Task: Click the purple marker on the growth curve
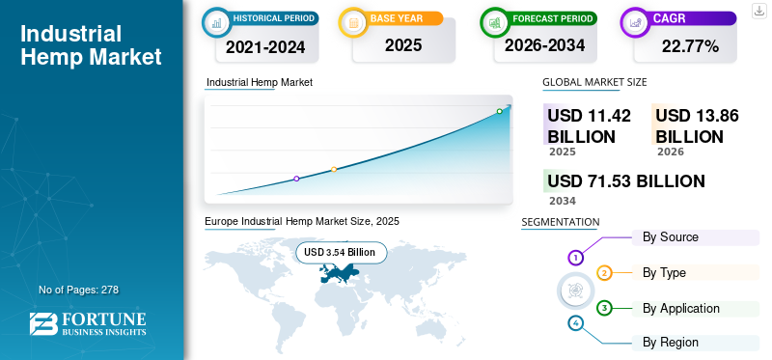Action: [296, 179]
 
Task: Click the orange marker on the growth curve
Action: [334, 170]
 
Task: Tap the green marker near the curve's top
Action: [499, 111]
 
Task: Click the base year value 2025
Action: [403, 45]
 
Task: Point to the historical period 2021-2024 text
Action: [265, 47]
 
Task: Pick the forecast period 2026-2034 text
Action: [544, 45]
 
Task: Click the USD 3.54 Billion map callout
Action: [342, 253]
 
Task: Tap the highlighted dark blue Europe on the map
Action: [339, 273]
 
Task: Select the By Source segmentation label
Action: [671, 237]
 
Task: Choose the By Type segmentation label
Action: [664, 273]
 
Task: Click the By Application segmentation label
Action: [681, 309]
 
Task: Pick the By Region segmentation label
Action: [671, 343]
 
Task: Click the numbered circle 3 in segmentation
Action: [604, 309]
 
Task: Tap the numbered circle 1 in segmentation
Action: [575, 257]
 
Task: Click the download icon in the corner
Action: [758, 11]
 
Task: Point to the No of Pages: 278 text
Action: [79, 290]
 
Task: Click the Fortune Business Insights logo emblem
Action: [43, 324]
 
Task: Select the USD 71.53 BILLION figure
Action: [626, 181]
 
